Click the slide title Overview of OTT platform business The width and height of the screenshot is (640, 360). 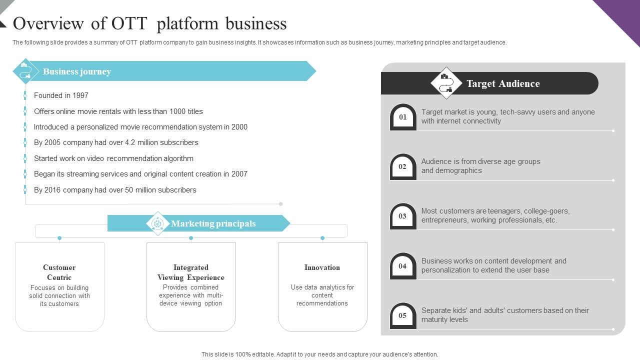150,23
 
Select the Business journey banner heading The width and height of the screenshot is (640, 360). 77,71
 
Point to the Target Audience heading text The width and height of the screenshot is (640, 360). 503,83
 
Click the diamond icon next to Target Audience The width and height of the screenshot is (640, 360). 446,83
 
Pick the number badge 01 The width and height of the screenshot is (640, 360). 403,117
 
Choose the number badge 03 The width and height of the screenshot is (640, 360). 403,216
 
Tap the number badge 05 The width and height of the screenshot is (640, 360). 403,316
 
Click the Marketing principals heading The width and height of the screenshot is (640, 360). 213,223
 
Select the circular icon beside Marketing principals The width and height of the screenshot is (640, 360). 158,223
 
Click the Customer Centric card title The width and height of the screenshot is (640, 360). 59,272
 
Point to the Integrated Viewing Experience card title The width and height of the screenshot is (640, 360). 191,272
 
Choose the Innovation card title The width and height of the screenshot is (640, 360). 322,267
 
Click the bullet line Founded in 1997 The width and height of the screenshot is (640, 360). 61,95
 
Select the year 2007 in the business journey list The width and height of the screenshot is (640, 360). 239,174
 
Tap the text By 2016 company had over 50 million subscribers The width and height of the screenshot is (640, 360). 115,190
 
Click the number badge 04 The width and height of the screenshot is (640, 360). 403,266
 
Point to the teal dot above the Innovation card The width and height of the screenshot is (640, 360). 322,238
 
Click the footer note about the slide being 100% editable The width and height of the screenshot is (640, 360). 320,354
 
